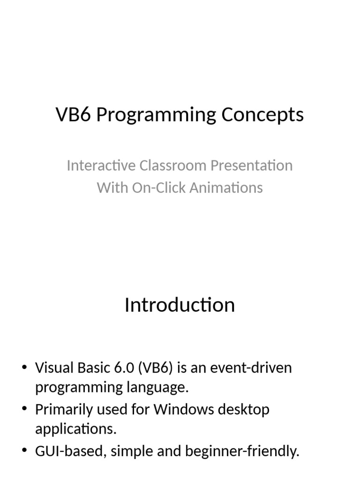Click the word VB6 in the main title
[74, 115]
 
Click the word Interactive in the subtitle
[95, 165]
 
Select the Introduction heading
[180, 305]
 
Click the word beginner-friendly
[242, 452]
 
